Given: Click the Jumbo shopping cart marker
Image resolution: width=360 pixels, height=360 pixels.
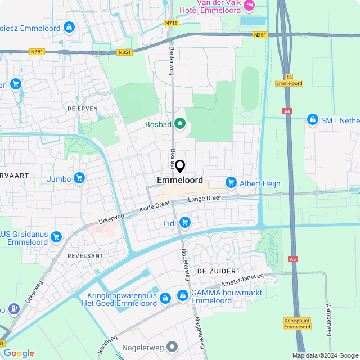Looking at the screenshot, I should click(x=79, y=179).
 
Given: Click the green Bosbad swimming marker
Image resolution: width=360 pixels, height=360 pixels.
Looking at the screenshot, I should click(x=179, y=123).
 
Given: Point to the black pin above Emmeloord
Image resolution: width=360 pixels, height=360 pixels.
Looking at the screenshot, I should click(x=180, y=166).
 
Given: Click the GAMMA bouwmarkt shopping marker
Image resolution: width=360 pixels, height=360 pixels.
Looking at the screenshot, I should click(x=183, y=295).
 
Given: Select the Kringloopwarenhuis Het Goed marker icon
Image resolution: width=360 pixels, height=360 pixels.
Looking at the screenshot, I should click(x=165, y=298).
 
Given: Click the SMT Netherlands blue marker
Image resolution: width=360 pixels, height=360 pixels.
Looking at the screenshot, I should click(x=312, y=119).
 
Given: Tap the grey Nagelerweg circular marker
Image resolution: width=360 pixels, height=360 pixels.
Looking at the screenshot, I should click(x=172, y=346).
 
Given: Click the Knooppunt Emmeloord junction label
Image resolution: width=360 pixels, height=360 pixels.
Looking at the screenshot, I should click(x=297, y=323).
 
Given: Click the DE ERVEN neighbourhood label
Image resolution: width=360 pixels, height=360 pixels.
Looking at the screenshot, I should click(x=82, y=108).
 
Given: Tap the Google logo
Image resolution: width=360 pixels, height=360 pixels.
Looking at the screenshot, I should click(x=19, y=353).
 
